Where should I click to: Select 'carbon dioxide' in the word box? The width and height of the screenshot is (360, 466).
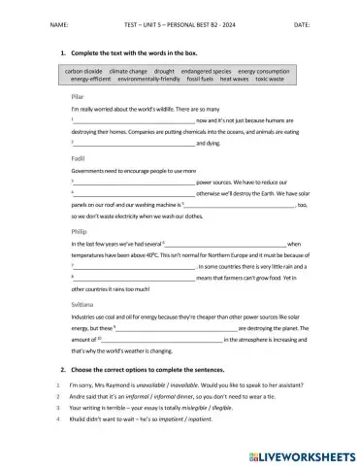click(85, 71)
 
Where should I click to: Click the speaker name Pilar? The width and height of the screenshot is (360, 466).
click(79, 97)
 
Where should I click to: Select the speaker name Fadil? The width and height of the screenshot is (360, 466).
click(78, 156)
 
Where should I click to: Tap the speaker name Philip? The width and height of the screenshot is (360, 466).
click(80, 230)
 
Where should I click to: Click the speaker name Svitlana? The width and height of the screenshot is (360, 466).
click(83, 304)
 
